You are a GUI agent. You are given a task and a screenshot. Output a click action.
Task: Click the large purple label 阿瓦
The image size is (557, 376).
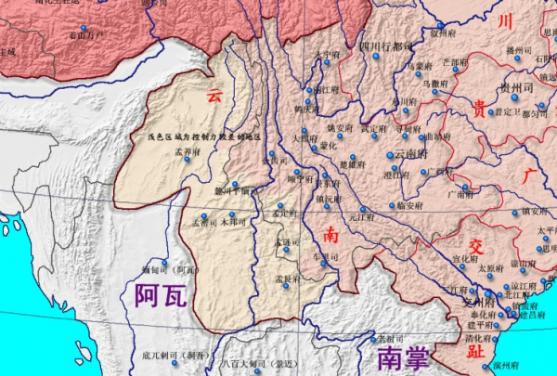(161, 295)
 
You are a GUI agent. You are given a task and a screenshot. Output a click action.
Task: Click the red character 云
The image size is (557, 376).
(215, 95)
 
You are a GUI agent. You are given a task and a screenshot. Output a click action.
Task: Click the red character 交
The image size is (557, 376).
(477, 246)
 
